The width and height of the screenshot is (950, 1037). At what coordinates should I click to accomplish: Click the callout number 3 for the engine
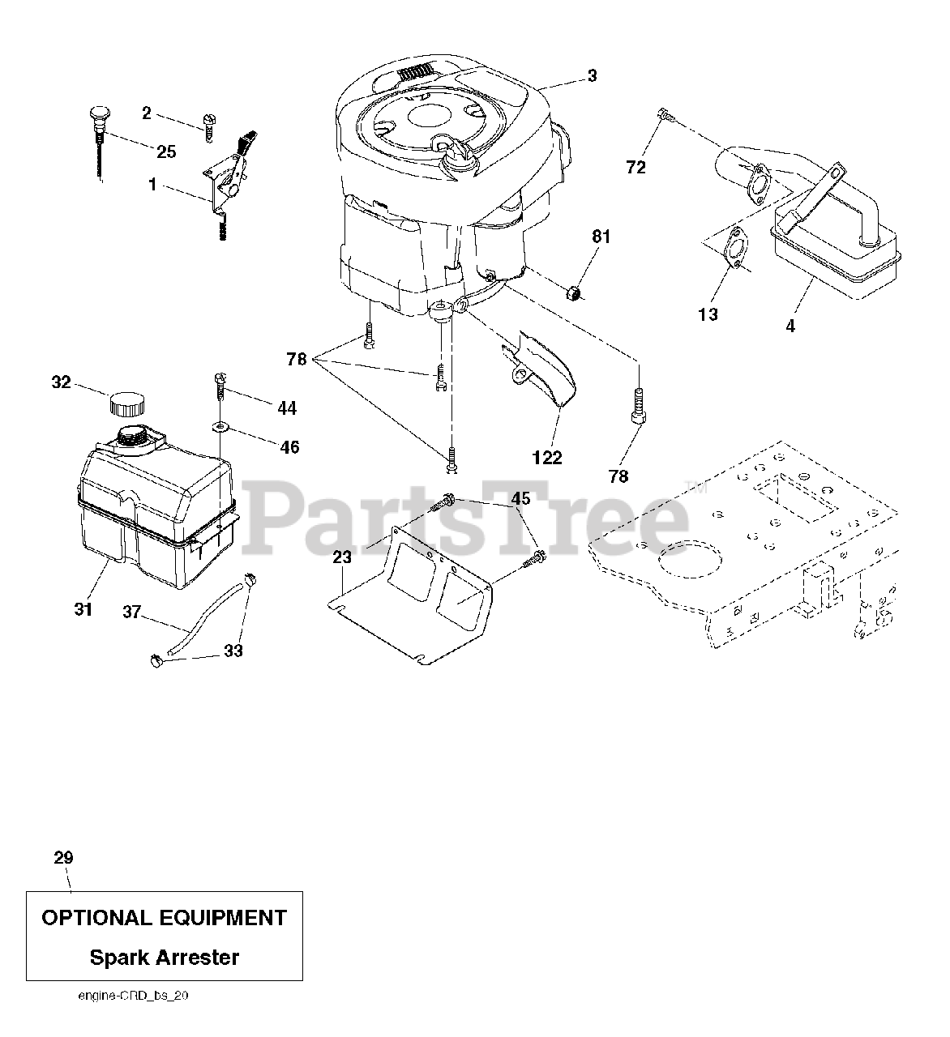(x=592, y=75)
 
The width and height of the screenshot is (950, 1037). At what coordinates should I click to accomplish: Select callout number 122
(x=546, y=458)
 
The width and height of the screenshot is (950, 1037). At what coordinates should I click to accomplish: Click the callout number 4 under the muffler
(x=790, y=326)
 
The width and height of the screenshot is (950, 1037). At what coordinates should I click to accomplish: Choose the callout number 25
(x=165, y=151)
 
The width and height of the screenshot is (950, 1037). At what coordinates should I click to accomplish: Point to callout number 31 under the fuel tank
(x=83, y=609)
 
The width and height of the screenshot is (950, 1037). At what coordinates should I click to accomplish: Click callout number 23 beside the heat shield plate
(x=342, y=557)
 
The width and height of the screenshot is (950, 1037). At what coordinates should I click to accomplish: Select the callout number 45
(x=520, y=498)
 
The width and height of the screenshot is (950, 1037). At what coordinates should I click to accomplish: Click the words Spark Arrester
(x=165, y=958)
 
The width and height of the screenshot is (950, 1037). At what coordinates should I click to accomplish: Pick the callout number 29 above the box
(x=63, y=857)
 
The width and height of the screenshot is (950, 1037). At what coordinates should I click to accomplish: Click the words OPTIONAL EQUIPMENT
(x=165, y=918)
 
